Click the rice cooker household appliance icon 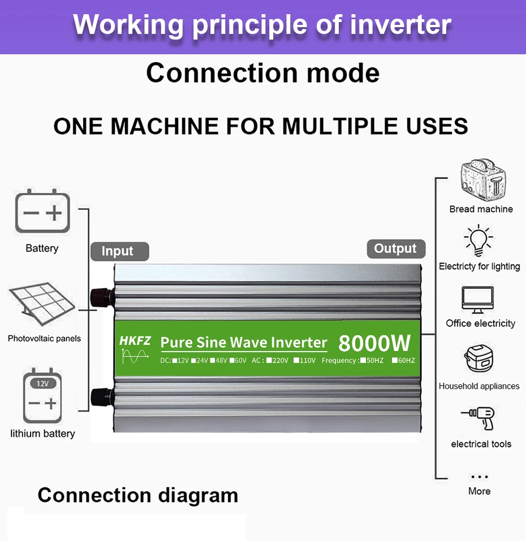pyautogui.click(x=479, y=361)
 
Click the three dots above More pyautogui.click(x=479, y=477)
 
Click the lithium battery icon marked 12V pyautogui.click(x=42, y=396)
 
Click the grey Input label pyautogui.click(x=118, y=251)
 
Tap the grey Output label pyautogui.click(x=395, y=249)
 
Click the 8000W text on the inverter pyautogui.click(x=374, y=343)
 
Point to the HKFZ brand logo pyautogui.click(x=135, y=341)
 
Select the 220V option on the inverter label pyautogui.click(x=277, y=360)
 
